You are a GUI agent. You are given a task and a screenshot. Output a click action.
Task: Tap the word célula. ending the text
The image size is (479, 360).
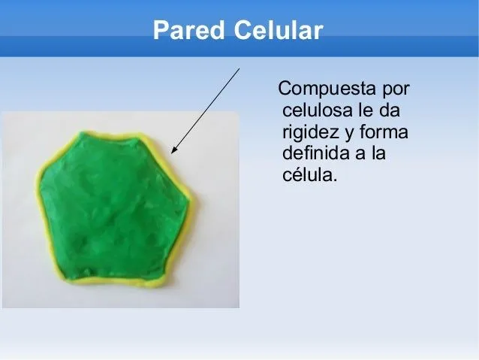[310, 177]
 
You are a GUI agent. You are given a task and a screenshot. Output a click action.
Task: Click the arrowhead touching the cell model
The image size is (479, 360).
[174, 150]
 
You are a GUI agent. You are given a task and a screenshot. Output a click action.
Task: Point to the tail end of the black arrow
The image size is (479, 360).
[239, 68]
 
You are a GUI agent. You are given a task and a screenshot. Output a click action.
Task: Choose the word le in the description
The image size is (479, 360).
[368, 111]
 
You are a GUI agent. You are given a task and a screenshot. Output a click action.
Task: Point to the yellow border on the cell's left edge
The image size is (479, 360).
[38, 210]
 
